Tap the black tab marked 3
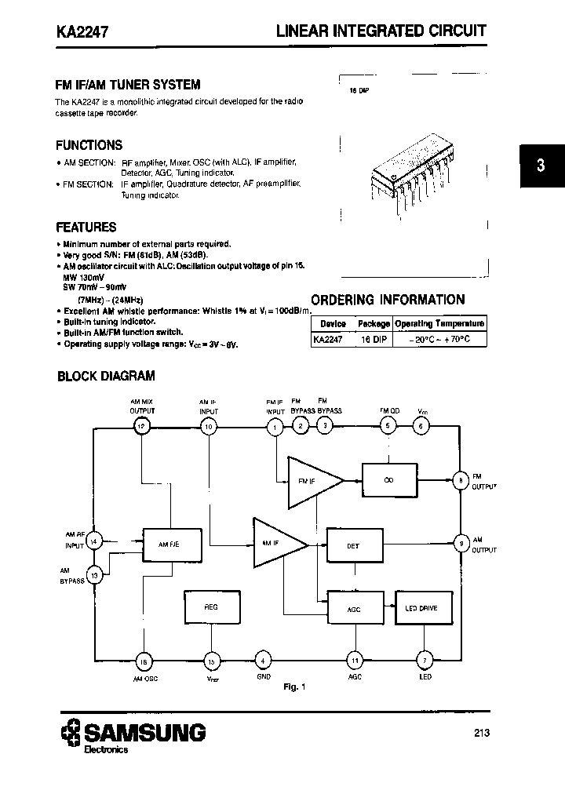pyautogui.click(x=540, y=166)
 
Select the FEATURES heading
pyautogui.click(x=86, y=228)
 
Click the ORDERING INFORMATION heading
pyautogui.click(x=388, y=300)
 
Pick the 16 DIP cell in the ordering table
pyautogui.click(x=374, y=339)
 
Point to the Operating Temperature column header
pyautogui.click(x=439, y=323)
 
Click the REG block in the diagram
pyautogui.click(x=211, y=607)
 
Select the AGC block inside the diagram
pyautogui.click(x=353, y=609)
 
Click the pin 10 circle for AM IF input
pyautogui.click(x=209, y=426)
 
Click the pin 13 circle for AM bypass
pyautogui.click(x=95, y=575)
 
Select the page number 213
pyautogui.click(x=482, y=733)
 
